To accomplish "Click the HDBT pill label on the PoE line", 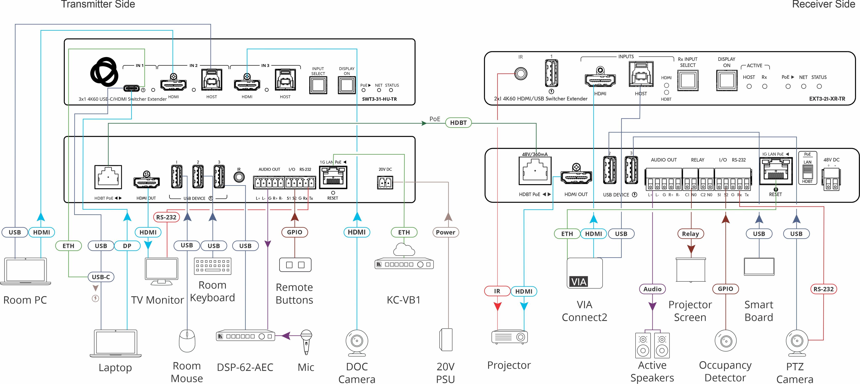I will (x=458, y=123).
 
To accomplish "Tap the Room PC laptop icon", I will (x=25, y=271).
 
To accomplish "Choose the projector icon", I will (x=509, y=337).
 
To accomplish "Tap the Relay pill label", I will (x=690, y=234).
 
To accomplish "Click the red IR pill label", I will (x=497, y=291).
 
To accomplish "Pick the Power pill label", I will (x=445, y=232).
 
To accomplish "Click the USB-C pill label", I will (x=101, y=277).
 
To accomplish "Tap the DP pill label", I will (x=127, y=246).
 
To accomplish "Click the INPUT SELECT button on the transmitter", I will (x=318, y=85).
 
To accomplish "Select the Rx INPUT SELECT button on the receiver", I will (x=688, y=80).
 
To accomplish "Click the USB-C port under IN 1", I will (x=131, y=88).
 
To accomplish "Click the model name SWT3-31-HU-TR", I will (x=379, y=99).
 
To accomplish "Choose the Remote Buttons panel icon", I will (x=295, y=265).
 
